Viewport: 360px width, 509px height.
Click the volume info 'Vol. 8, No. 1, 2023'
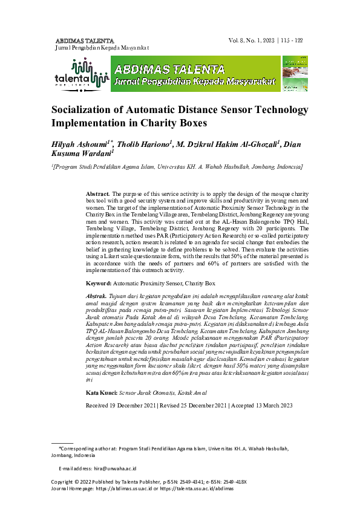(x=250, y=40)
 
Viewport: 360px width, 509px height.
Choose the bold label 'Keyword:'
(x=99, y=283)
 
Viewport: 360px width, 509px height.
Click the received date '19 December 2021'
(x=134, y=388)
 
